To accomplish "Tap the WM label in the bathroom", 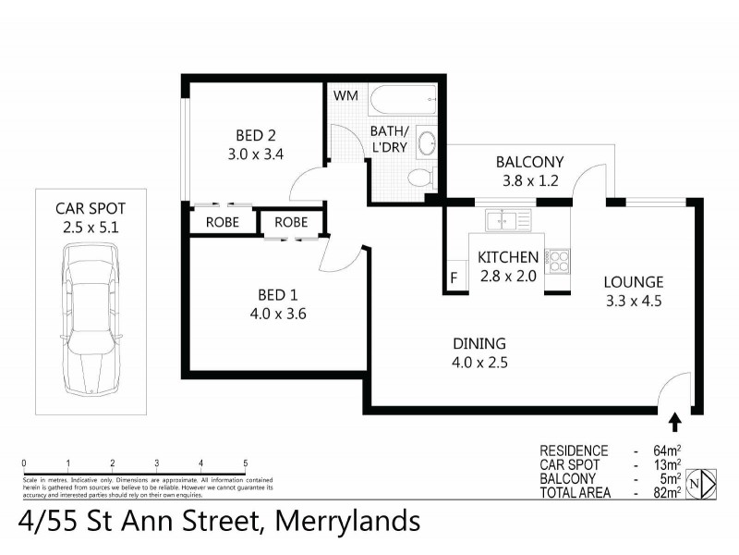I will click(x=345, y=95).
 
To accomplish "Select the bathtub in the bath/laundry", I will click(x=402, y=100).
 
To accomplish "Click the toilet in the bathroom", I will click(x=420, y=178).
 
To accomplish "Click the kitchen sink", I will click(x=507, y=221).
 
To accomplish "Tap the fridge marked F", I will click(x=454, y=277).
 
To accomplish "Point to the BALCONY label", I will click(x=528, y=162).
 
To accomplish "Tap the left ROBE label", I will click(x=223, y=222).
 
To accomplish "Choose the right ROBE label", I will click(x=291, y=222).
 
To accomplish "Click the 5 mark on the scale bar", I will click(x=246, y=463).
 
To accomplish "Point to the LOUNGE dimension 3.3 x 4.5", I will click(x=634, y=300).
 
